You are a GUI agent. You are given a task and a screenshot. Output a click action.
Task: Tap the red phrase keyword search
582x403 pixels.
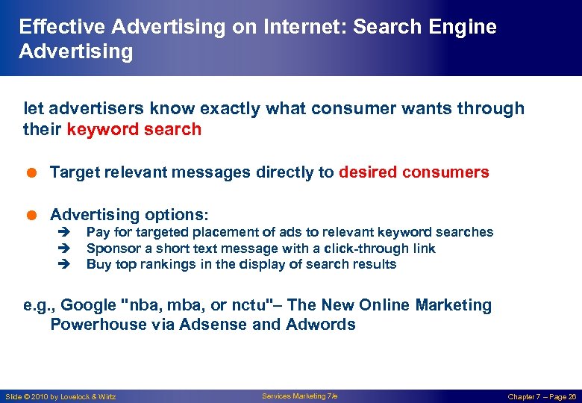134,129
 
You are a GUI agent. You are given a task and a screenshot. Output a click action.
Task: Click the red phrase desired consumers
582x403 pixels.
414,172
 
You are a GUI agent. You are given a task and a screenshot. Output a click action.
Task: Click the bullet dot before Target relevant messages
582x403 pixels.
28,172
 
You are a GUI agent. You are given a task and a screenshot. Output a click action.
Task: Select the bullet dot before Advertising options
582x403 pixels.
28,215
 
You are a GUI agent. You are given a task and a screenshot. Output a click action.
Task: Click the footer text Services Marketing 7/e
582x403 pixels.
299,396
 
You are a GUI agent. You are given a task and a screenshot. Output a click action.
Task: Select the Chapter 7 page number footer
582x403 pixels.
542,396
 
